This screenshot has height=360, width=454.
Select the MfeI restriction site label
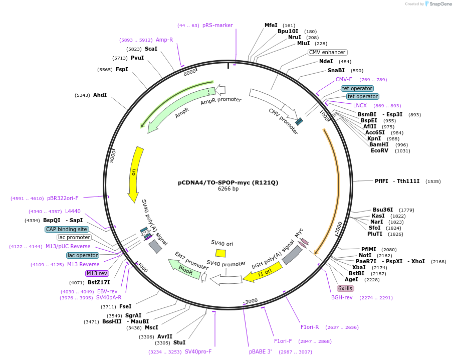271,25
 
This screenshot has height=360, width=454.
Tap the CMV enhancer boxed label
327,52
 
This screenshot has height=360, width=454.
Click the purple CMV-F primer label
344,79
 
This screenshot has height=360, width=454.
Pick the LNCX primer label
360,105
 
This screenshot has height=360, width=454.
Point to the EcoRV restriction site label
379,150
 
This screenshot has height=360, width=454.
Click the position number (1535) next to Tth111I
433,181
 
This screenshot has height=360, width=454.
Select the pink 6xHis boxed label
345,288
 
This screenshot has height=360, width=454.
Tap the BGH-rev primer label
342,298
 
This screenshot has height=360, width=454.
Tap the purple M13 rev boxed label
97,273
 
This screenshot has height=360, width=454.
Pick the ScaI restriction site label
151,49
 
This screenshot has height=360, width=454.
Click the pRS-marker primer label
217,25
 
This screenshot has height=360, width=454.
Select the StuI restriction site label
179,342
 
